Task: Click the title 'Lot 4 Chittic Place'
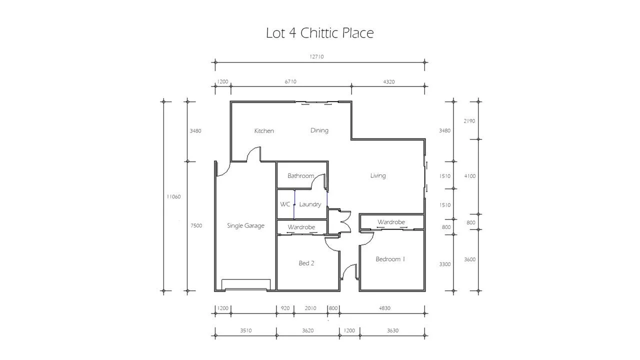[x=319, y=33]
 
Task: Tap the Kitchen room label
[x=264, y=131]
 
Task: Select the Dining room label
[x=319, y=130]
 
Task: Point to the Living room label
[x=378, y=175]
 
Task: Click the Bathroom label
[x=300, y=175]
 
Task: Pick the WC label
[x=285, y=204]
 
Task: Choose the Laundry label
[x=310, y=204]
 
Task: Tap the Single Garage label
[x=245, y=225]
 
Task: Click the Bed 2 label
[x=306, y=263]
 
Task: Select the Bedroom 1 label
[x=390, y=259]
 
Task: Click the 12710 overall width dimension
[x=316, y=56]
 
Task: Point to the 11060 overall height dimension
[x=173, y=196]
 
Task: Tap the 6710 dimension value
[x=290, y=81]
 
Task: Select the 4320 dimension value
[x=389, y=82]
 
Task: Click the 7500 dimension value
[x=196, y=225]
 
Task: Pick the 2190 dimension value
[x=469, y=121]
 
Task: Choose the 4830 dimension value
[x=384, y=308]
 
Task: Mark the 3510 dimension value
[x=245, y=330]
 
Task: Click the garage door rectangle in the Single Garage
[x=246, y=284]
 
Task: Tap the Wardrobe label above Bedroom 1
[x=391, y=222]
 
